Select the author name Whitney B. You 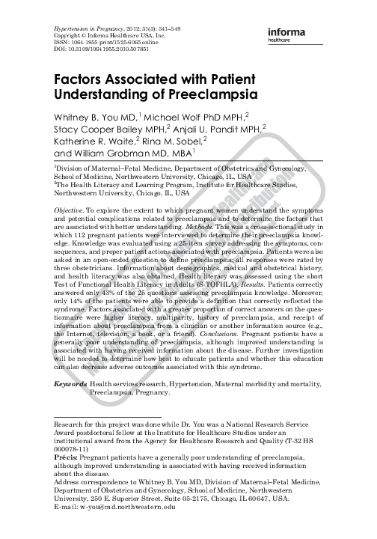click(x=82, y=118)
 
